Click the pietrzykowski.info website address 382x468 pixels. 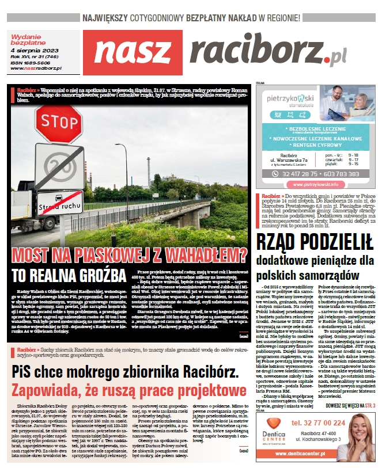click(315, 185)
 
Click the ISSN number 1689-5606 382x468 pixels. click(32, 63)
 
